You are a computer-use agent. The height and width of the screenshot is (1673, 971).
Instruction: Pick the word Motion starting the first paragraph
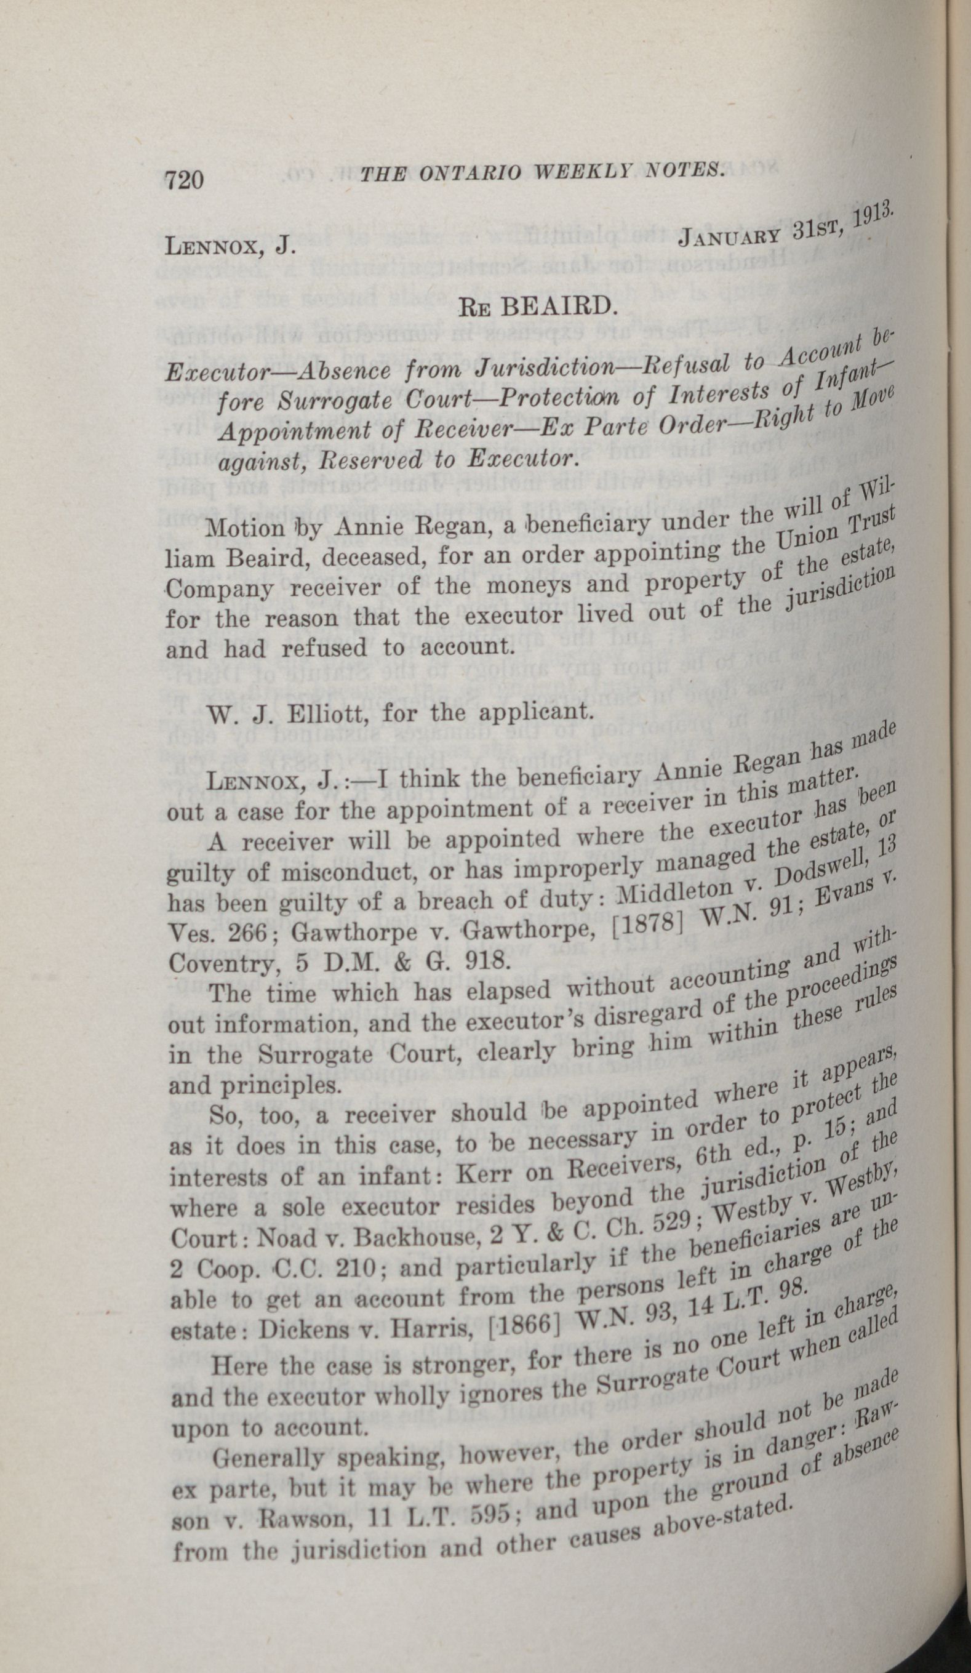pos(245,529)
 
